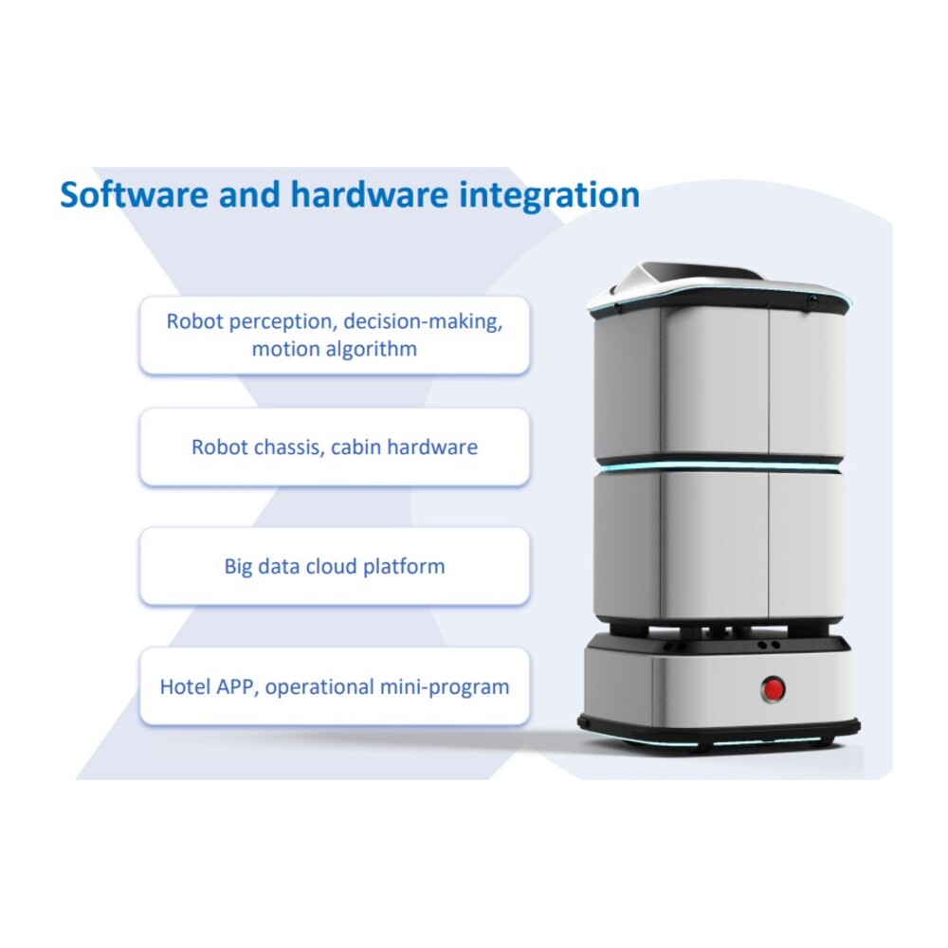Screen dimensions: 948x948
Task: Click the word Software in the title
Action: pyautogui.click(x=135, y=194)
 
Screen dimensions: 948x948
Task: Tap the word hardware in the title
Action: pyautogui.click(x=370, y=194)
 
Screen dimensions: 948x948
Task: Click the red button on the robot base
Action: pyautogui.click(x=773, y=688)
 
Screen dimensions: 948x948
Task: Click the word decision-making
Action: pyautogui.click(x=423, y=321)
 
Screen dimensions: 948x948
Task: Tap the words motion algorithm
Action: pyautogui.click(x=335, y=349)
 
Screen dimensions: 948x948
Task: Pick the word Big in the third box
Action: pyautogui.click(x=238, y=567)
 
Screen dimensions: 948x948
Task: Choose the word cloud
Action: pyautogui.click(x=331, y=567)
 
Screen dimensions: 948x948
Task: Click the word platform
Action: pyautogui.click(x=404, y=567)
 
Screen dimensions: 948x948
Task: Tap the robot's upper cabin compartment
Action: pyautogui.click(x=720, y=382)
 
